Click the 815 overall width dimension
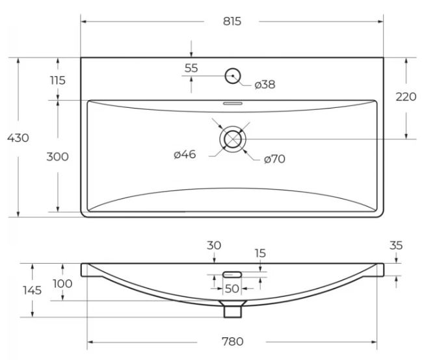[232, 21]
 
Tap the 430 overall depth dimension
[18, 138]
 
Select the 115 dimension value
[58, 81]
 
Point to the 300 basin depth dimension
[57, 157]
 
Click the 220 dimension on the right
[406, 97]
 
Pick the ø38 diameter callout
[265, 84]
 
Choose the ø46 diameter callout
[185, 154]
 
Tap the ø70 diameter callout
[274, 159]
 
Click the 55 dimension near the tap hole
[191, 68]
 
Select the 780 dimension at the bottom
[233, 342]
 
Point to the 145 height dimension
[32, 290]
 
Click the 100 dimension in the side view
[62, 284]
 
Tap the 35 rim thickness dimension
[396, 246]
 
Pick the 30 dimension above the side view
[214, 246]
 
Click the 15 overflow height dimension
[260, 253]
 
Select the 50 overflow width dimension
[232, 289]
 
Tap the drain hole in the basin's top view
[233, 139]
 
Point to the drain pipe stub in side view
[233, 311]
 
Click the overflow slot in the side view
[232, 275]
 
